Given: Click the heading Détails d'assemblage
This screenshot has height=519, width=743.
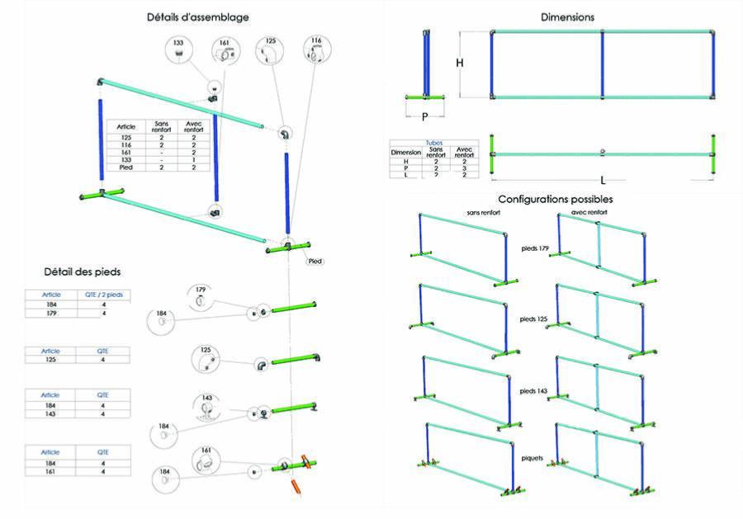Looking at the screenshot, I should [x=197, y=17].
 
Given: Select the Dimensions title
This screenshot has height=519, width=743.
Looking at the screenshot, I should [x=567, y=17].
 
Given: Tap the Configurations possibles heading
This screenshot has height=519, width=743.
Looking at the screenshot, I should [x=555, y=199].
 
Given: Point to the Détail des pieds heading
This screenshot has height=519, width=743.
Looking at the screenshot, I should [x=83, y=271].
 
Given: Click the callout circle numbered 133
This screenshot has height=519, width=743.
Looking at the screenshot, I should [x=179, y=50].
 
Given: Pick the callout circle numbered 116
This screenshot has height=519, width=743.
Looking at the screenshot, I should [x=316, y=50].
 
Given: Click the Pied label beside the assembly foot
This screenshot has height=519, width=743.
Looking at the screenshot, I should [x=315, y=262].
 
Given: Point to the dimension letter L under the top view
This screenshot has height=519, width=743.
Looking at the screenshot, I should [x=604, y=179].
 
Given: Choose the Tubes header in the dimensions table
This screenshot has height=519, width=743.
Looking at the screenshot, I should [x=433, y=142].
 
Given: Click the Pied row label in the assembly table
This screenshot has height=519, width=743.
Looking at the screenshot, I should [x=126, y=167].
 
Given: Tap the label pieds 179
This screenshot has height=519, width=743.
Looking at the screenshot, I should [x=535, y=248].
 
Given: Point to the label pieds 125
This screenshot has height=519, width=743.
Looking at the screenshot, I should [x=535, y=318].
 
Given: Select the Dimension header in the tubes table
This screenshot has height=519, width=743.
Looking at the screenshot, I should [x=406, y=153].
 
